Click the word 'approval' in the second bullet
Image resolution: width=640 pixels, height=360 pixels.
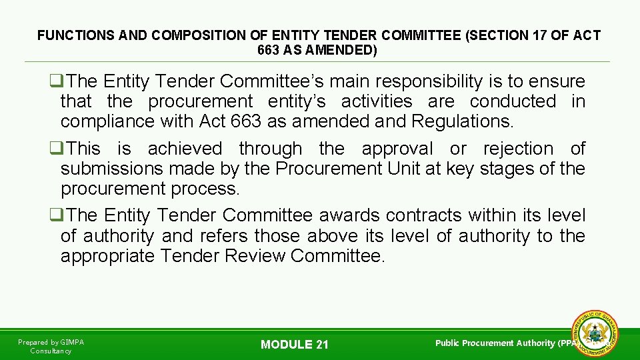coord(397,148)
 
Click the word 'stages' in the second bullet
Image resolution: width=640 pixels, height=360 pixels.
coord(509,169)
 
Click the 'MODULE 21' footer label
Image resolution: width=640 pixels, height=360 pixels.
coord(295,345)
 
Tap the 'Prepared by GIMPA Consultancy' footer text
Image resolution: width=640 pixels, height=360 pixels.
coord(51,346)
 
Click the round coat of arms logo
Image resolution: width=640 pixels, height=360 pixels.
coord(595,333)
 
